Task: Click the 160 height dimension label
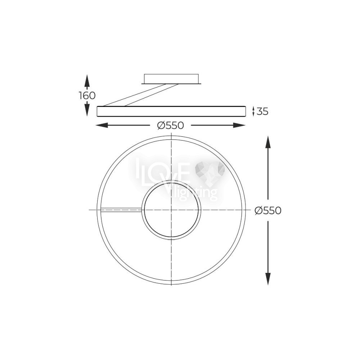pos(87,95)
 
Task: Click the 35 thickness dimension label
pos(262,112)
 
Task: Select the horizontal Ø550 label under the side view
pos(171,125)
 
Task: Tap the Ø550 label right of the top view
pos(268,210)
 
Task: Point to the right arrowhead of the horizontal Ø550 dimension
pos(240,125)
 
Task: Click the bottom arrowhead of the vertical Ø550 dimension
pos(268,279)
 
